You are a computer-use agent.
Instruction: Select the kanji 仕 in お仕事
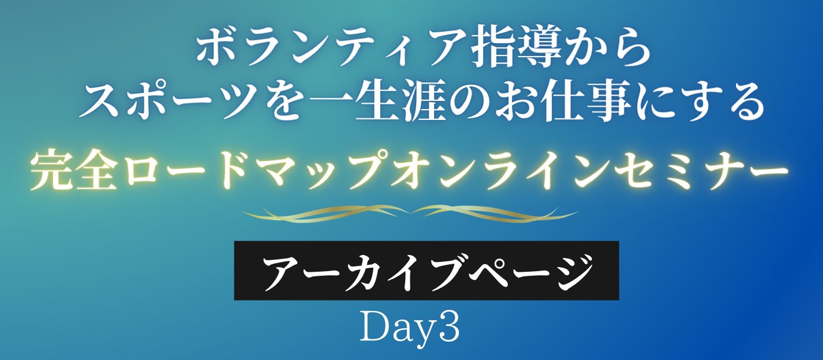[x=562, y=100]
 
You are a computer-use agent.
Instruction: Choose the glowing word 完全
[x=74, y=170]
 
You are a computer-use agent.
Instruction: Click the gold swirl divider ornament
[x=410, y=213]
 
